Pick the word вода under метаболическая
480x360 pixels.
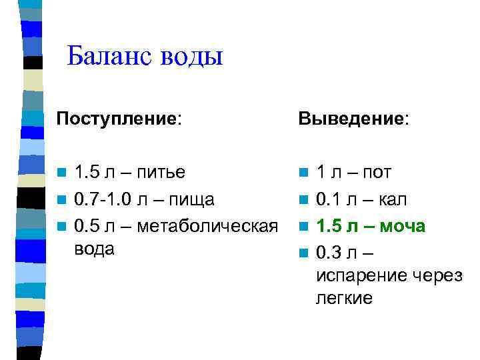(x=95, y=249)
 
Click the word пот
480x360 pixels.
(x=377, y=173)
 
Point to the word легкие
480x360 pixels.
(x=344, y=299)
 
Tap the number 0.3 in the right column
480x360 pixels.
(x=330, y=253)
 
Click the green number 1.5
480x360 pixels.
(x=330, y=226)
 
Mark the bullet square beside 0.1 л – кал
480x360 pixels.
(x=304, y=200)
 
